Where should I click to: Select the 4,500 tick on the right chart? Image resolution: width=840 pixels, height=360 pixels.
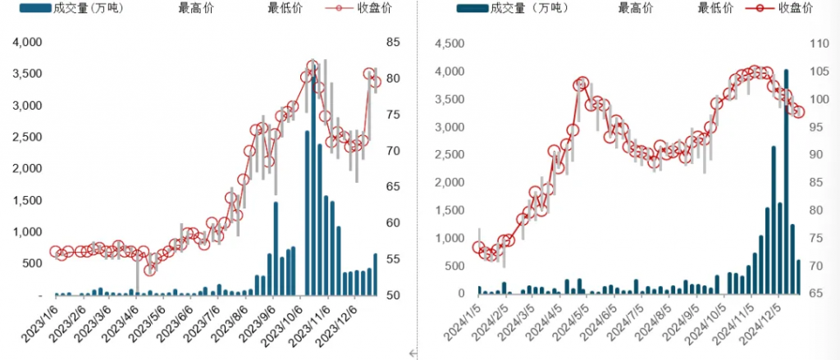coord(447,43)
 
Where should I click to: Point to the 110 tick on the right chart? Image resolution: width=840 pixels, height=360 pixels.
coord(820,43)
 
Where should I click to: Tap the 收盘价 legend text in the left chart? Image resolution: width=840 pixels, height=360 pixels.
coord(377,8)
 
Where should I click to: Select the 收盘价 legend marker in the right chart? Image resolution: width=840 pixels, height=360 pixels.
coord(758,8)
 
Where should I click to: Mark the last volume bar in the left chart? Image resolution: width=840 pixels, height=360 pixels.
coord(376,274)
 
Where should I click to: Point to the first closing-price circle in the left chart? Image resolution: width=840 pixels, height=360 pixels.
coord(55,252)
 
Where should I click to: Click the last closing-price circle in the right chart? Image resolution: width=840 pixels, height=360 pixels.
coord(799,112)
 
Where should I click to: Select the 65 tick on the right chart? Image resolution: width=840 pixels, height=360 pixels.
coord(817,294)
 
